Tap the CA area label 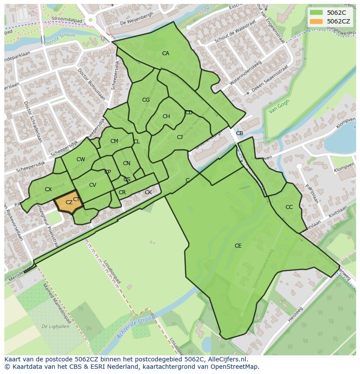[x=165, y=53]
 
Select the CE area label [x=238, y=246]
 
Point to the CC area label [x=289, y=207]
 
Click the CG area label [x=146, y=100]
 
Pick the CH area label [x=166, y=116]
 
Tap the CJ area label [x=180, y=137]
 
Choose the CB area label [x=240, y=133]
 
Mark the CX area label [x=48, y=189]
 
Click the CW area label [x=80, y=160]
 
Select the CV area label [x=92, y=185]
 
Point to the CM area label [x=114, y=141]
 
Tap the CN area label [x=127, y=164]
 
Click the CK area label [x=148, y=192]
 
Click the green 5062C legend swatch [x=317, y=13]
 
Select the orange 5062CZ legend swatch [x=317, y=21]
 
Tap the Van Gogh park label [x=279, y=106]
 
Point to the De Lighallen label [x=55, y=326]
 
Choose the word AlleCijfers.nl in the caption [x=226, y=360]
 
